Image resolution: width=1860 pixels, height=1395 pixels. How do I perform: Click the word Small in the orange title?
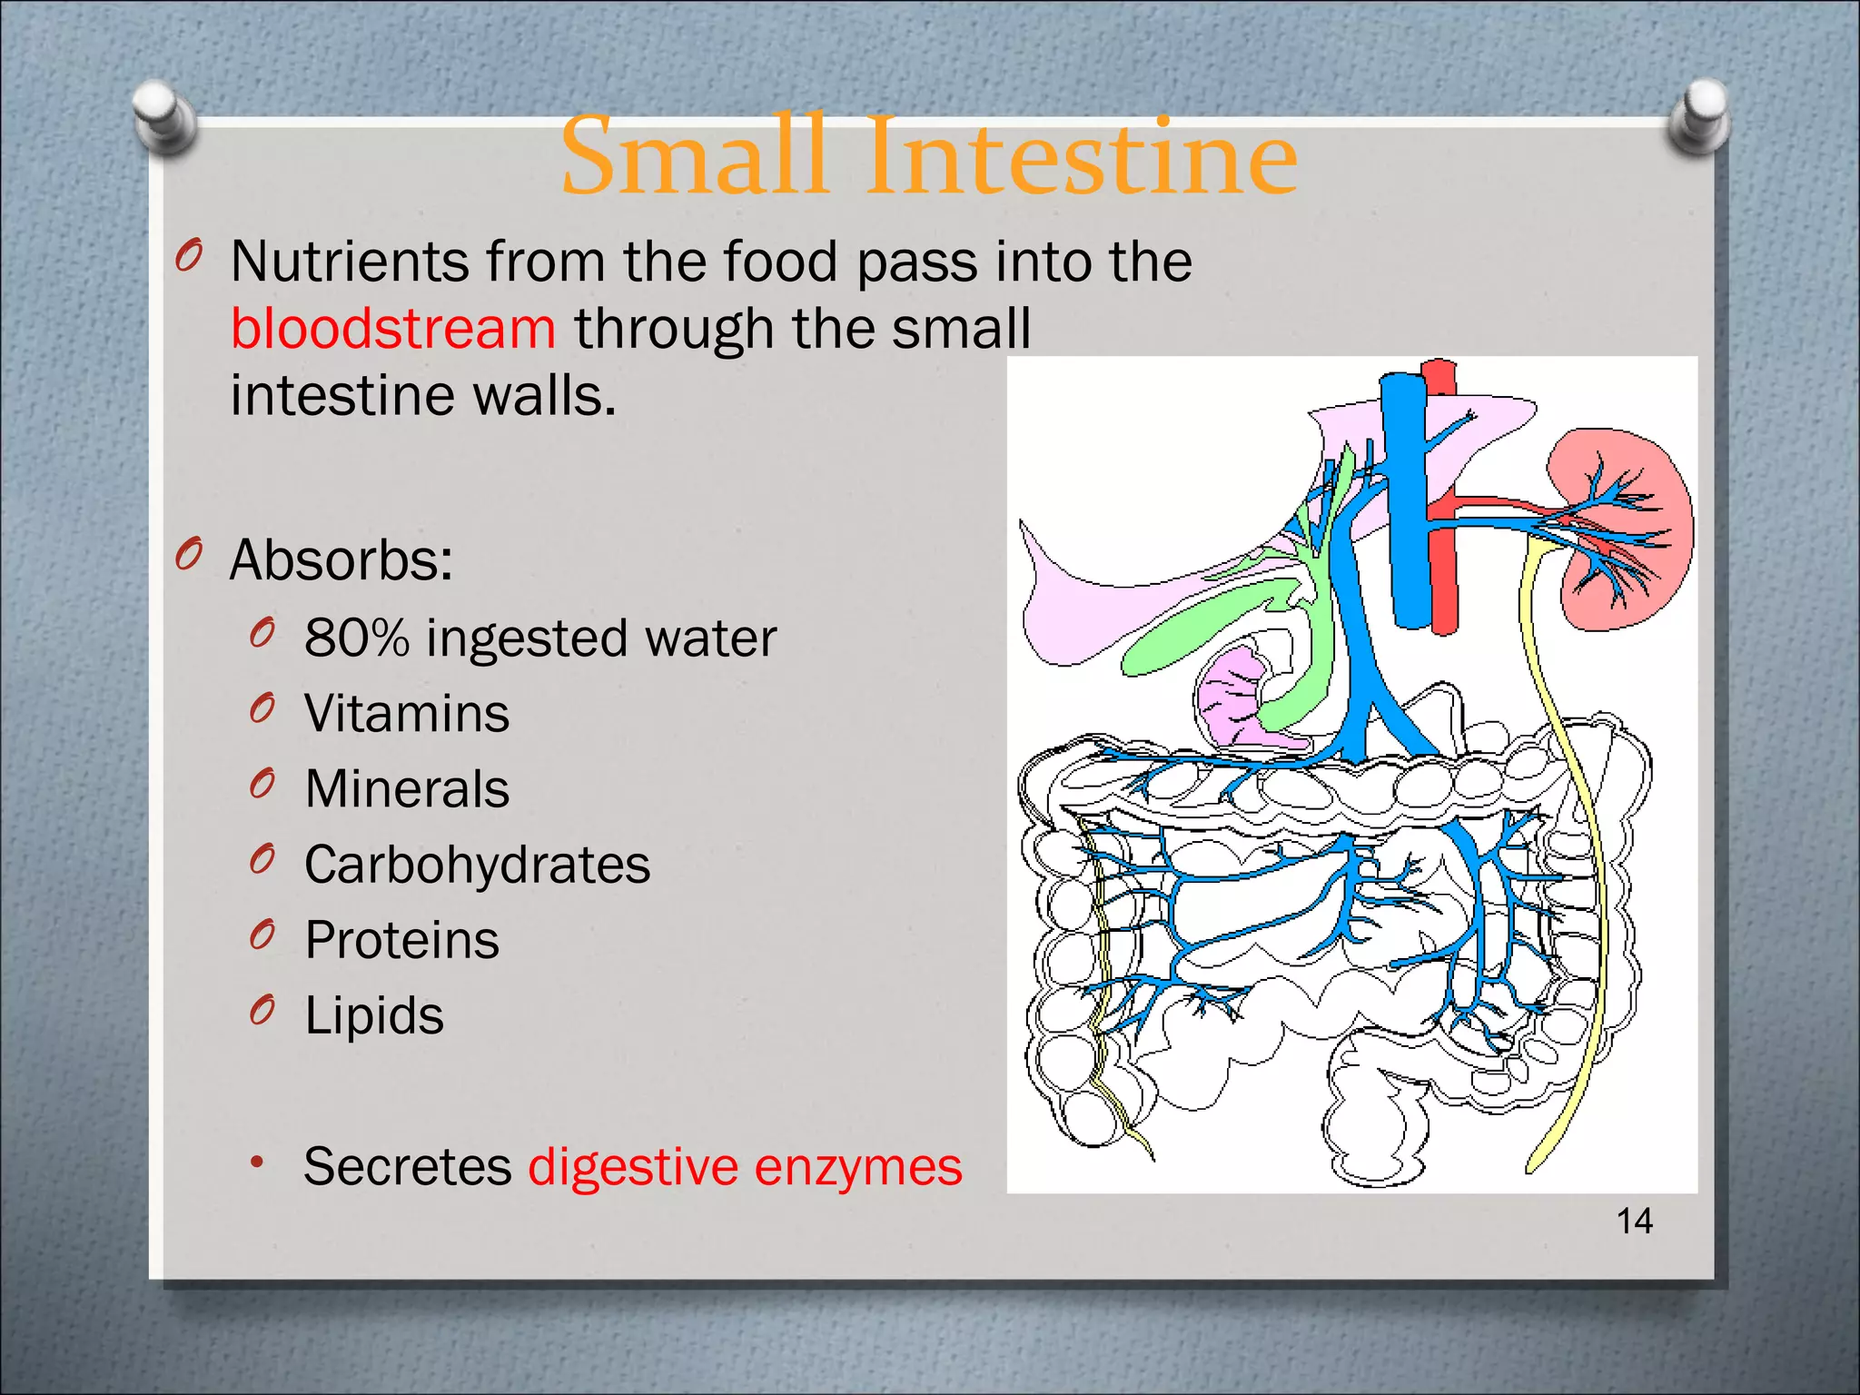click(694, 158)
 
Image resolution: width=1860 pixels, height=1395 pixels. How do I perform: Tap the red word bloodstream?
click(392, 328)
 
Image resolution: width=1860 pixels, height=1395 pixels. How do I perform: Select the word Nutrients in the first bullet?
click(349, 262)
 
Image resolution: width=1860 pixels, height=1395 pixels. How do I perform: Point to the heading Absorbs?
click(341, 559)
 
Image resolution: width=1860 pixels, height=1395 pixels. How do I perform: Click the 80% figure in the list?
click(356, 638)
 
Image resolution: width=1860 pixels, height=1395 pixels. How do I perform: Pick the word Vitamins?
click(406, 713)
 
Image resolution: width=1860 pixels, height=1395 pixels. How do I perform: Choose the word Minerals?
click(406, 788)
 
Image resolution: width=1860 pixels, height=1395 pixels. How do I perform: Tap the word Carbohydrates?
click(477, 865)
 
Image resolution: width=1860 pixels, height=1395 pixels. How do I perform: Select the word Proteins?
click(401, 940)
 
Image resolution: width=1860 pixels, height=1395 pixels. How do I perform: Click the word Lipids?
click(373, 1015)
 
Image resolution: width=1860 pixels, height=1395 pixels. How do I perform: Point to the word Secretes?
click(407, 1166)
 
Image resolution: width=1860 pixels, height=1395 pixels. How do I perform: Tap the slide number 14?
click(1634, 1221)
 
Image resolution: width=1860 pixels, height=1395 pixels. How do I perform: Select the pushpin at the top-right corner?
click(1699, 117)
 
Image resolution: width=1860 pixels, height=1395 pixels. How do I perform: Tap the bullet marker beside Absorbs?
click(188, 555)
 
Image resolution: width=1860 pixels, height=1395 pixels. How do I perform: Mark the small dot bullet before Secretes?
click(258, 1162)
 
